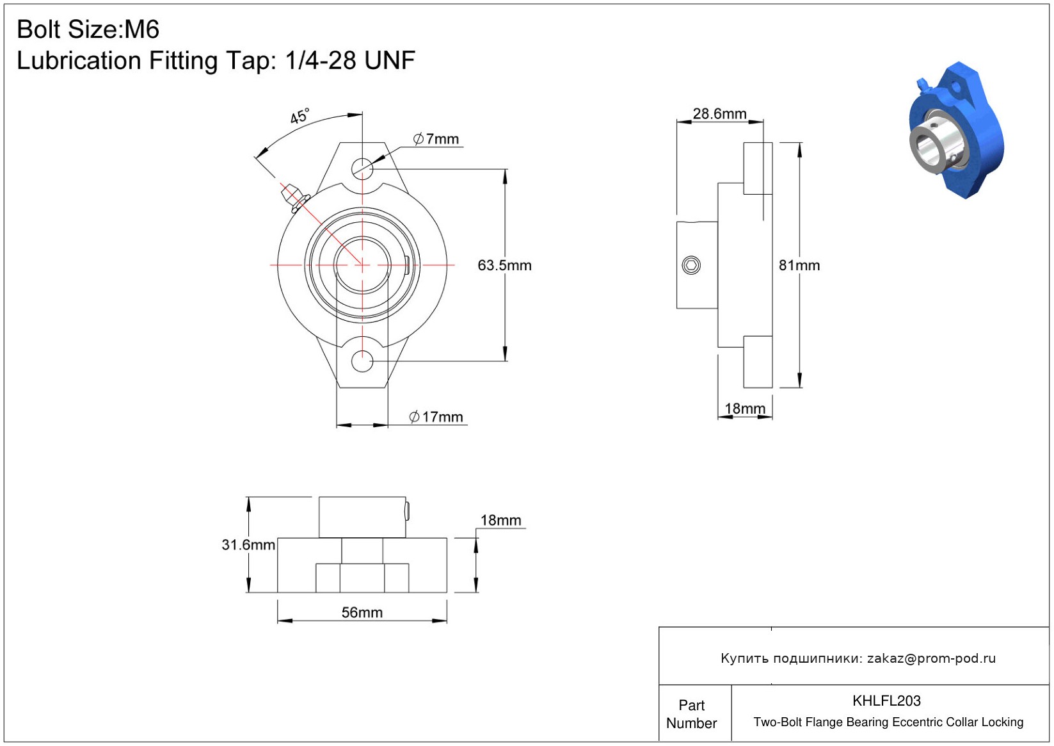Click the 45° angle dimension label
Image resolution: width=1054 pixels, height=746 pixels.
(299, 116)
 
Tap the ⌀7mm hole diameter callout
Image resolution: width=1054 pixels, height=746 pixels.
(436, 139)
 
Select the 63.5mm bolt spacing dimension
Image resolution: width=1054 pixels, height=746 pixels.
(504, 265)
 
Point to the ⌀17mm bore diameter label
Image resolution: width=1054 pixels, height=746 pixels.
(436, 417)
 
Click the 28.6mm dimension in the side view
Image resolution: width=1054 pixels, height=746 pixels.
(719, 113)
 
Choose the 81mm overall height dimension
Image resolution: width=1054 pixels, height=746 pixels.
(799, 265)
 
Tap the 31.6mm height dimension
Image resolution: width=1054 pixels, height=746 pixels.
(248, 545)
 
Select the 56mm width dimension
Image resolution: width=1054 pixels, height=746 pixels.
(362, 612)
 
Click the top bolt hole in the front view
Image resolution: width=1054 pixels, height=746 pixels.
(362, 168)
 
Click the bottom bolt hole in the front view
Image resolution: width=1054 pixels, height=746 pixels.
(362, 361)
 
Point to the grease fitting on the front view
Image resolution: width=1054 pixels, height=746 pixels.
(294, 198)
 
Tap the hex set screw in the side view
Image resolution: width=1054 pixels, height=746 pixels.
(691, 265)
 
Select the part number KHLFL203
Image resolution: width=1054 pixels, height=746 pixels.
(886, 701)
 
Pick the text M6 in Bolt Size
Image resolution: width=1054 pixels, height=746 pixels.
(141, 29)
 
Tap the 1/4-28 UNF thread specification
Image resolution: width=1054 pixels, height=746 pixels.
(350, 60)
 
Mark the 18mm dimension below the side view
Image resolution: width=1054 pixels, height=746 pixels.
(744, 409)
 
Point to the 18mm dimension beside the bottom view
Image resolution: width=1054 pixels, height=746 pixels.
(500, 520)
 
